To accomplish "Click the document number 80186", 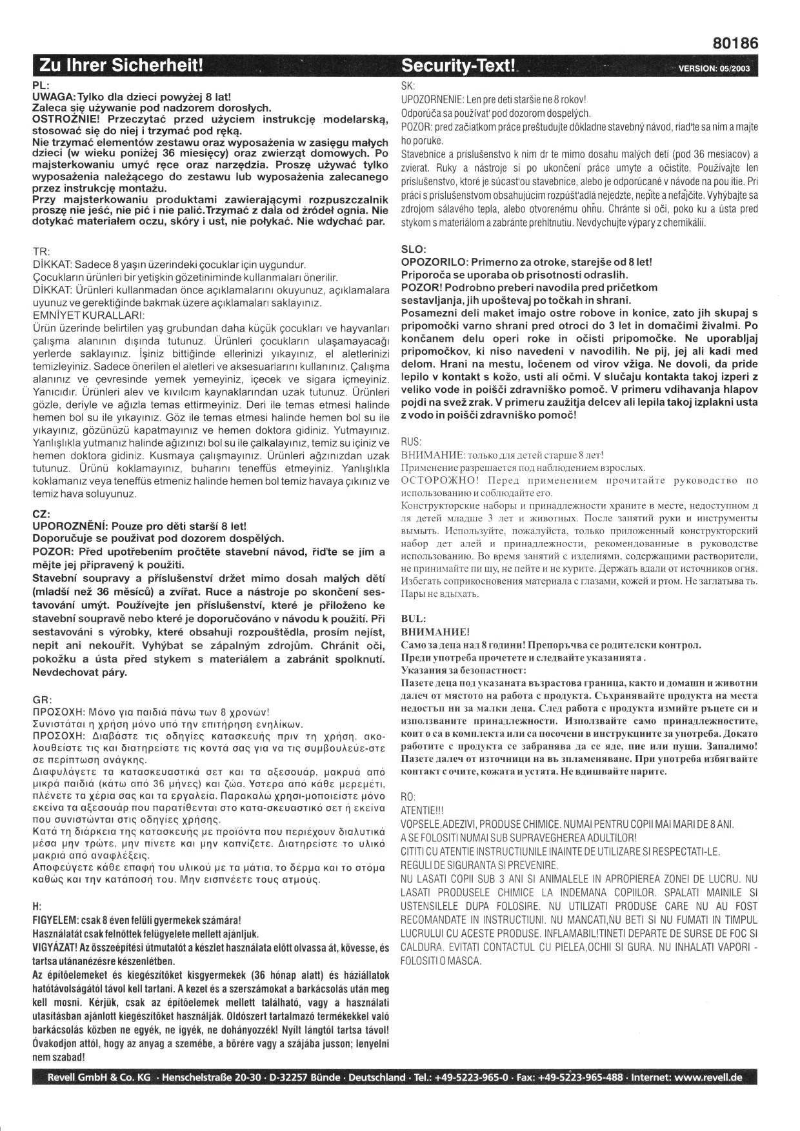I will [x=735, y=43].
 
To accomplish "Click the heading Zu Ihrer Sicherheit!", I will [x=121, y=66].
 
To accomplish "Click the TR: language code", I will [x=41, y=252].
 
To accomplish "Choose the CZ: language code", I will [x=41, y=514].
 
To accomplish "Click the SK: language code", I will [x=408, y=86].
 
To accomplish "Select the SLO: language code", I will [x=413, y=250].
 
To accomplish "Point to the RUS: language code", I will [x=412, y=442].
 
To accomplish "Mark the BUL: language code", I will [x=413, y=619].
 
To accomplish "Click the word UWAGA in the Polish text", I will [x=54, y=95].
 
